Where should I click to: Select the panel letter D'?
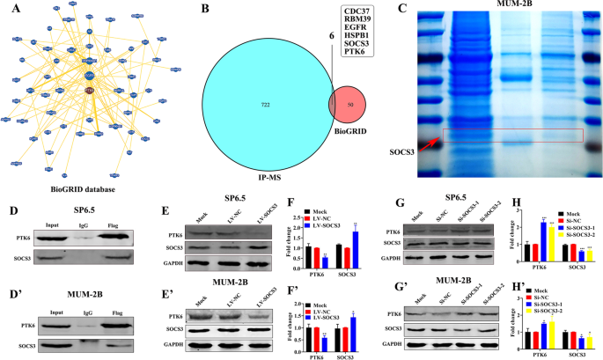(x=13, y=290)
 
